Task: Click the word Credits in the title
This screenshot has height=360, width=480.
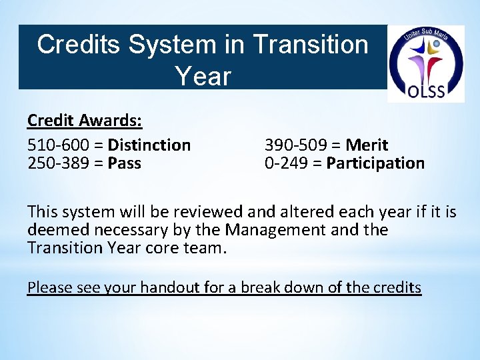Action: (79, 45)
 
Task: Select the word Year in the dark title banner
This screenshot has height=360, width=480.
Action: (203, 76)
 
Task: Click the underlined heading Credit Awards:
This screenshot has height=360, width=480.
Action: (84, 120)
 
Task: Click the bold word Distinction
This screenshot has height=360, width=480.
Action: (149, 145)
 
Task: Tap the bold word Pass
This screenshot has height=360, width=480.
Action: (124, 163)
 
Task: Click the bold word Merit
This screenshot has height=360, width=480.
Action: (367, 145)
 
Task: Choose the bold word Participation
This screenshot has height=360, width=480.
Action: (375, 163)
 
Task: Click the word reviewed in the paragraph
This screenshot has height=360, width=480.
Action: (209, 212)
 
